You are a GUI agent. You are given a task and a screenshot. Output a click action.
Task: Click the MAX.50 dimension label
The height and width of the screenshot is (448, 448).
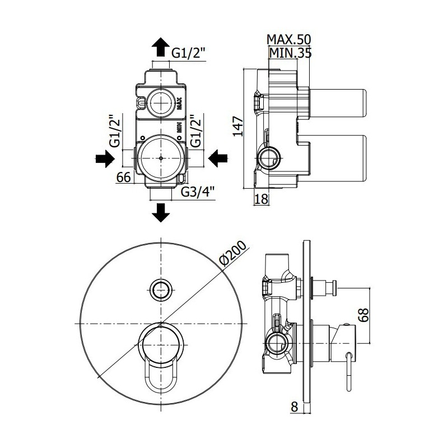coord(288,40)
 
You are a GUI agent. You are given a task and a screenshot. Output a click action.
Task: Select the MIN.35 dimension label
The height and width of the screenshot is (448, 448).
coord(290,53)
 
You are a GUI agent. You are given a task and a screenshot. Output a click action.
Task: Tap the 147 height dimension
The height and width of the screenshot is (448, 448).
coord(237,127)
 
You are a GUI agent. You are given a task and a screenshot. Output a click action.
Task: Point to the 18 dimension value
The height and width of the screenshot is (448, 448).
coord(262,199)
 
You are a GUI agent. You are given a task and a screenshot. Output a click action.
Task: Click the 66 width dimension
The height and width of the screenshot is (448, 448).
coord(124,177)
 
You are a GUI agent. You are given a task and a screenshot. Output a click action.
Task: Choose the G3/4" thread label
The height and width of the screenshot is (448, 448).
coord(198,192)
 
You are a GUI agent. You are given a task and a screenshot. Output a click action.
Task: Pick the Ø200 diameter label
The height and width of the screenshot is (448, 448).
coord(233,254)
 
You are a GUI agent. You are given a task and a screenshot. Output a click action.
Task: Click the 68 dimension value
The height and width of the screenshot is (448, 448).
coord(363,315)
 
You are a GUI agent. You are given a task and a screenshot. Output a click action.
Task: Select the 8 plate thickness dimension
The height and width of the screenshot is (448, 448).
coord(295,407)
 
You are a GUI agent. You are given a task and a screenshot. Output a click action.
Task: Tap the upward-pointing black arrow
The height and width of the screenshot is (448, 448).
coord(161,47)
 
